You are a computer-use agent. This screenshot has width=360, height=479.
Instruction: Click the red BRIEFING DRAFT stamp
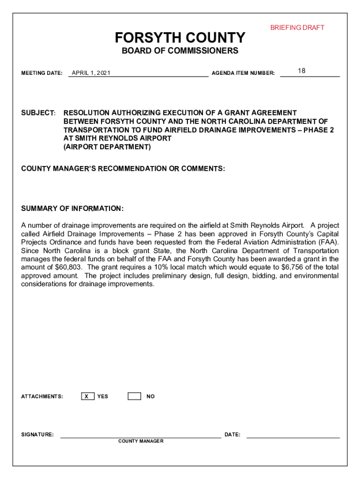(297, 28)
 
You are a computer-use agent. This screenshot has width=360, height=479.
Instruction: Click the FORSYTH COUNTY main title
(180, 37)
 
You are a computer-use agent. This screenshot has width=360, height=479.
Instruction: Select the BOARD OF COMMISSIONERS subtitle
(180, 51)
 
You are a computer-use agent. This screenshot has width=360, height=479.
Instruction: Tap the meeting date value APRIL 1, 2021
(91, 73)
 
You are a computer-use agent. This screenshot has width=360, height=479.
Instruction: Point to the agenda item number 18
(302, 71)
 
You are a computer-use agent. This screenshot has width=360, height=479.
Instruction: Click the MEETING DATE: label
(42, 73)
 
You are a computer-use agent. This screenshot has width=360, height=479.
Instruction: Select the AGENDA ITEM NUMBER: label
(243, 73)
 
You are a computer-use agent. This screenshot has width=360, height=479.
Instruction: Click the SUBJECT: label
(39, 113)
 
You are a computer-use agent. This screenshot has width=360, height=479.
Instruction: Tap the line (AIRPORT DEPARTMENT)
(107, 147)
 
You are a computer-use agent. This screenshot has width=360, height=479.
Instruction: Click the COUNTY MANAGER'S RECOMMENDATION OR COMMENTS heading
(123, 168)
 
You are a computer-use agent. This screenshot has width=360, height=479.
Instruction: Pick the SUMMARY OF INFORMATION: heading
(72, 209)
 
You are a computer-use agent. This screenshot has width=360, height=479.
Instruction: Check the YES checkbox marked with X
(87, 396)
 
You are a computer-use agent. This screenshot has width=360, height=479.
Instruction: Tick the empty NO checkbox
(134, 396)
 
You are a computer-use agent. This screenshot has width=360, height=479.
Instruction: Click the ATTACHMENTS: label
(42, 397)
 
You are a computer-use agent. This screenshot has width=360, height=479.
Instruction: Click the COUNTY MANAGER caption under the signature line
(141, 441)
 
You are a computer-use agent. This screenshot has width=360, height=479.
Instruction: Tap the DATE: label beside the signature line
(232, 435)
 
